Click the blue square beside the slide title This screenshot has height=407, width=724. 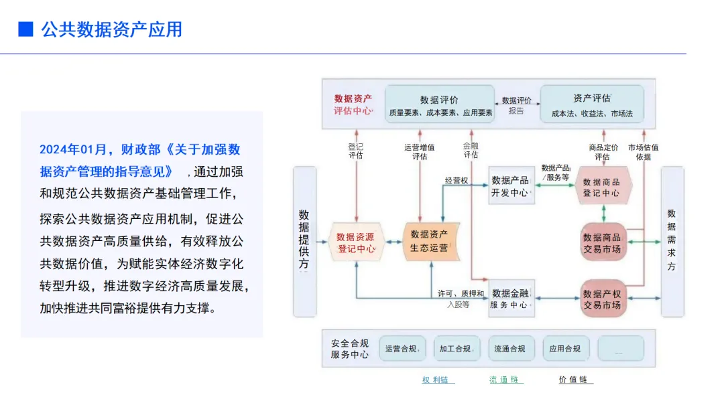[x=25, y=29]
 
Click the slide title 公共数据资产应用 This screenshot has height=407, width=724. [x=111, y=29]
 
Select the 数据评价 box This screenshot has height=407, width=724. [x=440, y=104]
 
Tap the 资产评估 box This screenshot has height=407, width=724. [x=592, y=104]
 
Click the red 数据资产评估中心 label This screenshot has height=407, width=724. [x=353, y=104]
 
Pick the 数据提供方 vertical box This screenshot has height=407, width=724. [x=304, y=241]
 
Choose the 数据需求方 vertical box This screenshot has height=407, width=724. [x=672, y=241]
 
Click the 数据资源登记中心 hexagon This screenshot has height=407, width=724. [x=356, y=242]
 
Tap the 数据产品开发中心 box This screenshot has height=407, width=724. [x=511, y=186]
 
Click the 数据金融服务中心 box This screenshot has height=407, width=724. [x=510, y=299]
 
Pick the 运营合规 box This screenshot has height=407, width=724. [x=403, y=349]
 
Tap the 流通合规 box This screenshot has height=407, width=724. [x=511, y=349]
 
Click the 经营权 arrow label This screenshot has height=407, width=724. [x=456, y=180]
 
